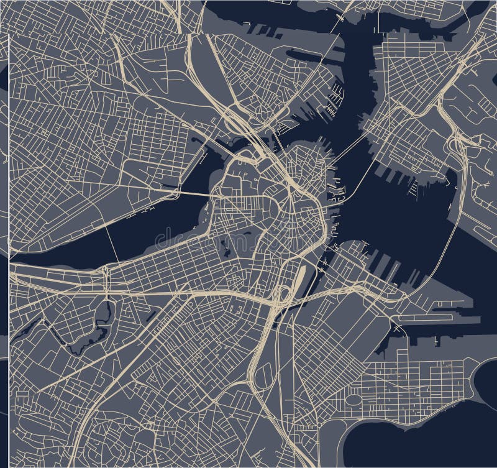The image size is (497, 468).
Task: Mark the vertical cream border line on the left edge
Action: (10, 186)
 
